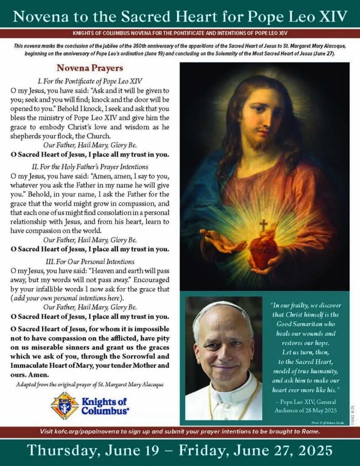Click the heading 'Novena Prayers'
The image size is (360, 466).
coord(89,68)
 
